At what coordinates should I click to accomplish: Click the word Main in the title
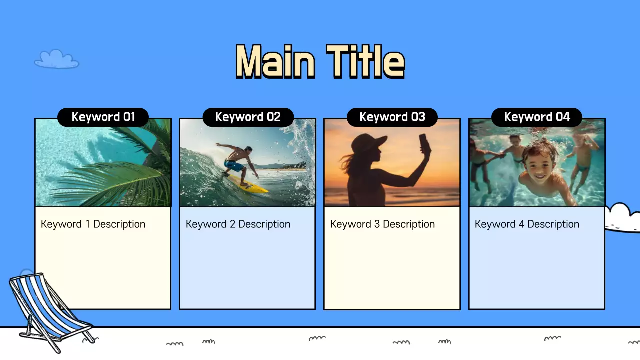(275, 62)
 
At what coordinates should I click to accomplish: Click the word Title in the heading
(365, 62)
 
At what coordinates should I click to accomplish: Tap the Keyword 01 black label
(103, 117)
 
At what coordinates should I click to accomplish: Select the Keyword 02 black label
(248, 117)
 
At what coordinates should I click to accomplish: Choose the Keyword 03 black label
(392, 117)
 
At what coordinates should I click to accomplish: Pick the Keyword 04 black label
(537, 117)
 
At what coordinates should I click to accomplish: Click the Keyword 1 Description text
(93, 224)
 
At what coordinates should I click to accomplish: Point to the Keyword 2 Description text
(238, 224)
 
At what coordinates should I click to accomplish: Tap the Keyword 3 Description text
(382, 224)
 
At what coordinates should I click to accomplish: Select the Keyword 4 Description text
(527, 224)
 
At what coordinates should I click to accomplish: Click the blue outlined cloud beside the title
(56, 59)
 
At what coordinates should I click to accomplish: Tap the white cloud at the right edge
(622, 218)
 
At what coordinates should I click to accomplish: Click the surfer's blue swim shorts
(233, 165)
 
